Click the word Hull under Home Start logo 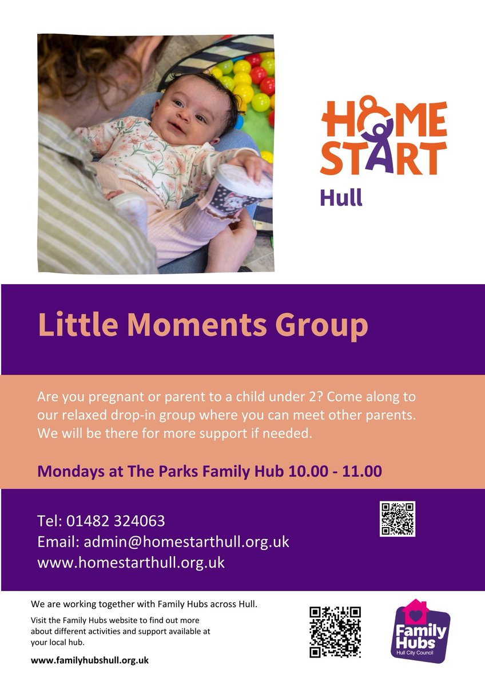341,198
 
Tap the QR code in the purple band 397,519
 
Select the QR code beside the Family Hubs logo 335,632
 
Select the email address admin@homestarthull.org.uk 186,541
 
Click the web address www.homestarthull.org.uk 131,562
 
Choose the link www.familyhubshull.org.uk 90,660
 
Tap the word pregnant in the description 112,397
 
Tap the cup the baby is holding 242,189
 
